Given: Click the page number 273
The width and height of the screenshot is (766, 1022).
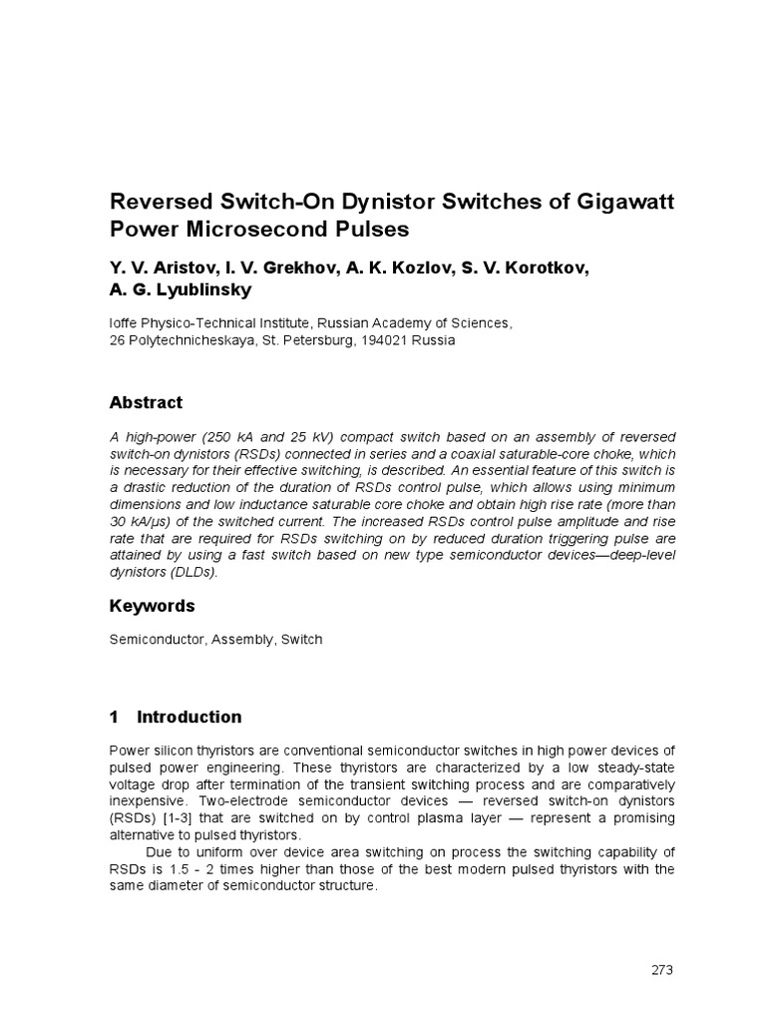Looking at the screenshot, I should point(662,970).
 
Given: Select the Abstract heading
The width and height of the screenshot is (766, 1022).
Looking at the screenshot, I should point(146,403).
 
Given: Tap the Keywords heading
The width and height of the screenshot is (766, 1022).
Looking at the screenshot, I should point(152,606).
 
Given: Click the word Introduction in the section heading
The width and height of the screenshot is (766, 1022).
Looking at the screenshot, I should point(189,717).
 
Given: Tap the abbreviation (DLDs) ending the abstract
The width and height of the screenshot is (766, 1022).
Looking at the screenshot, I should point(190,573).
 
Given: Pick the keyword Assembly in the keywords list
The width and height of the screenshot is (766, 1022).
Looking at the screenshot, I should point(239,640).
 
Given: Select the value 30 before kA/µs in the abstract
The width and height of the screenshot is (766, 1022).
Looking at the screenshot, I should point(118,522).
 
